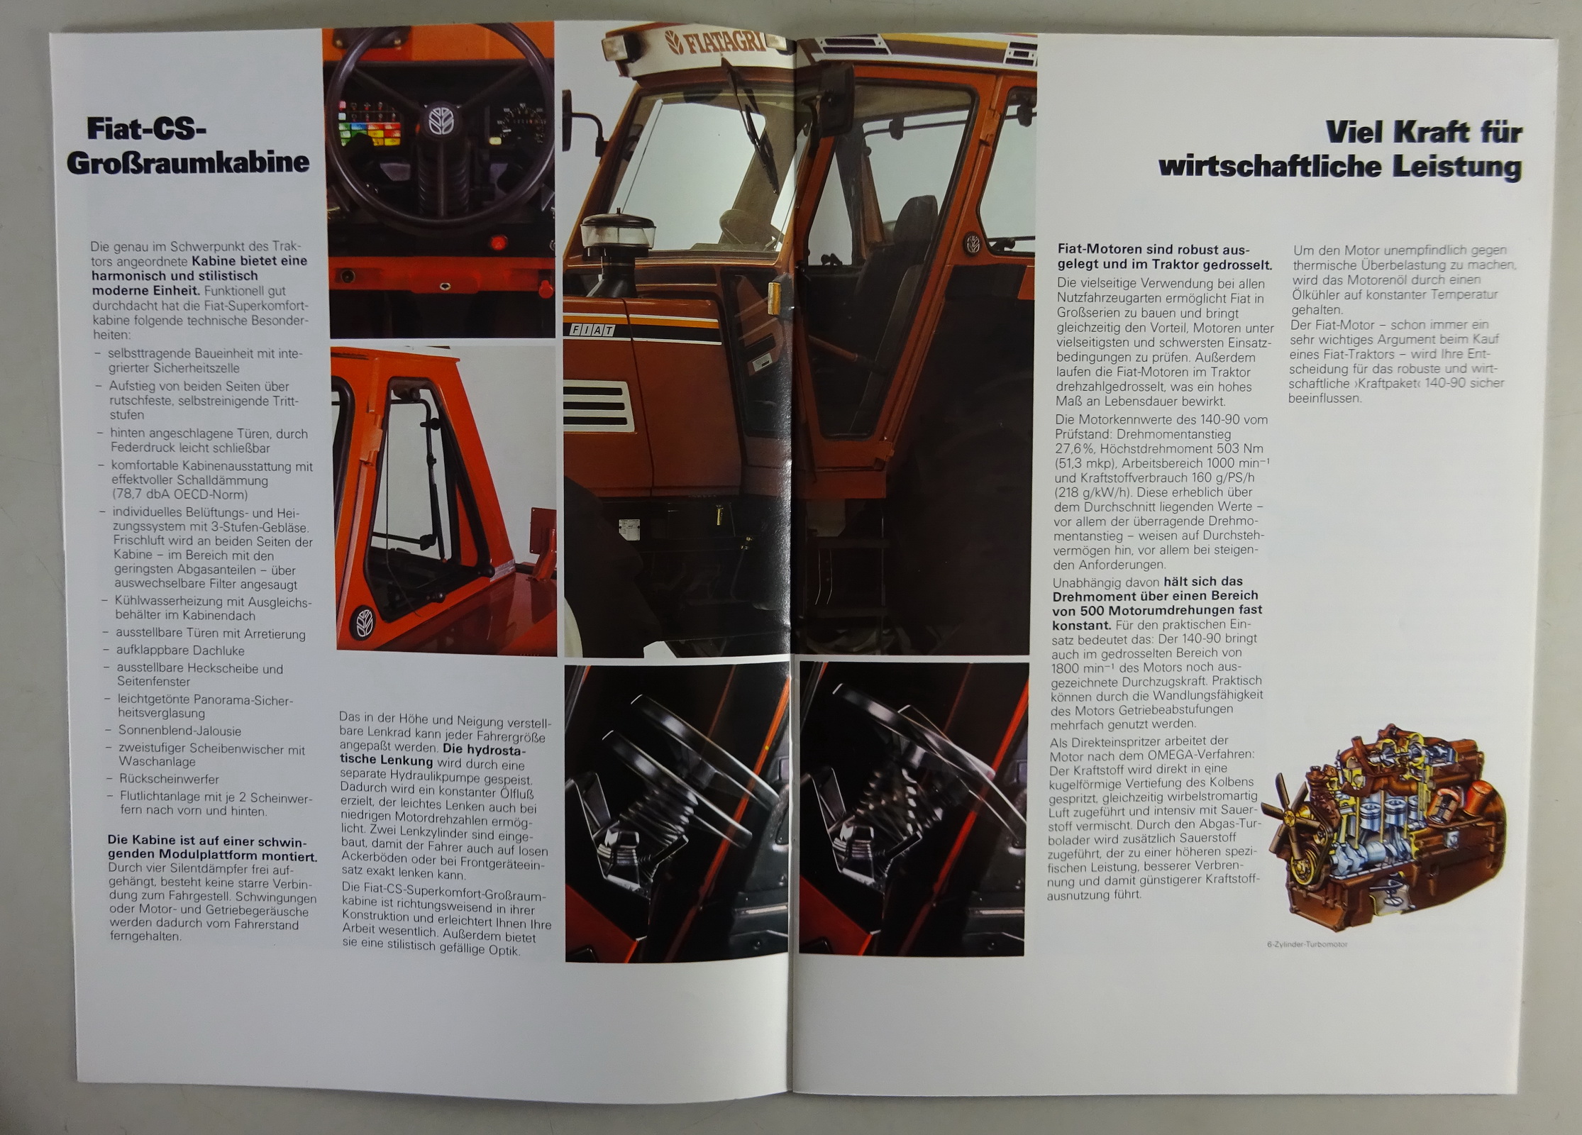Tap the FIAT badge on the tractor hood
click(x=591, y=330)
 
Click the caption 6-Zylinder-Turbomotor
click(x=1307, y=944)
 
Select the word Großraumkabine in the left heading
click(x=188, y=162)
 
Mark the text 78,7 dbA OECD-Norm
click(x=181, y=494)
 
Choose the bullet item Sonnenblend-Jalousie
click(x=179, y=731)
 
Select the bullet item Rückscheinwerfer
click(x=169, y=779)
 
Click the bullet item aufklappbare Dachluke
click(x=180, y=650)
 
